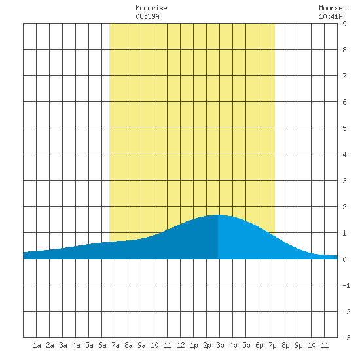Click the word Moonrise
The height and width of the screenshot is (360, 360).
[x=151, y=8]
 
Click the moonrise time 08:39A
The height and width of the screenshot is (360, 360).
[x=147, y=16]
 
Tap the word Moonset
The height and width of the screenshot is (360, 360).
[x=333, y=8]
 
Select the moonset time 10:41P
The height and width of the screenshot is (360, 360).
[x=331, y=16]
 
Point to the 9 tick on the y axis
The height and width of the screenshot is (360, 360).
[x=344, y=24]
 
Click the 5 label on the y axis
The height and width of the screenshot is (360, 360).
[x=344, y=128]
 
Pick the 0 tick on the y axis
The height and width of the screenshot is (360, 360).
[x=344, y=259]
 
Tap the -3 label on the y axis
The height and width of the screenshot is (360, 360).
[x=346, y=338]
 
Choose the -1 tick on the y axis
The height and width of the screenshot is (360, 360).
[x=346, y=285]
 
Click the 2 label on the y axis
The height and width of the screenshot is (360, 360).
[x=344, y=207]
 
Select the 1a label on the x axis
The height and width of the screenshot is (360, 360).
[x=37, y=345]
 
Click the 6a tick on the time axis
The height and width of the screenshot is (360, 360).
[x=102, y=345]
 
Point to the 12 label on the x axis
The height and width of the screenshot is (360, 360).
[x=181, y=345]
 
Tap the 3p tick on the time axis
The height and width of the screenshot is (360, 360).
[x=220, y=345]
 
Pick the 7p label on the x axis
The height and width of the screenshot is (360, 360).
[x=272, y=345]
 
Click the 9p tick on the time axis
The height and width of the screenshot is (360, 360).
[x=298, y=345]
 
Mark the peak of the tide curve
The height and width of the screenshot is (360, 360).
[x=217, y=215]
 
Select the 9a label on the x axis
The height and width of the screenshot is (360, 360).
[x=141, y=345]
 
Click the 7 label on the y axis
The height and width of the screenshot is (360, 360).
[x=344, y=76]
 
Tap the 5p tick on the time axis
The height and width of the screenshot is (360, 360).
[x=246, y=345]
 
